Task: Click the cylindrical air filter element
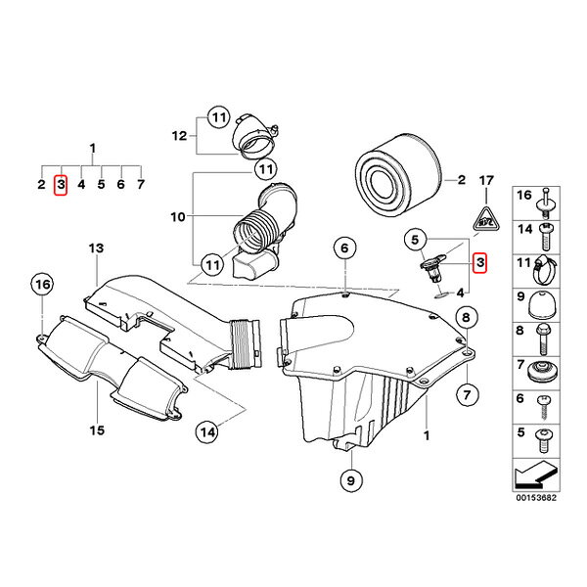click(398, 175)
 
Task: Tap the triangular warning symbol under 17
click(486, 219)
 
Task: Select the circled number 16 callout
click(42, 285)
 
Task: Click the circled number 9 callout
click(351, 480)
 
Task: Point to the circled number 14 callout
click(207, 432)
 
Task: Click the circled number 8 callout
click(466, 317)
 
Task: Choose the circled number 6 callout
click(344, 248)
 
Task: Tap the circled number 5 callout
click(415, 240)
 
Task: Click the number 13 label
click(96, 248)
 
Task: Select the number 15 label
click(97, 430)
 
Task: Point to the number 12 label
click(179, 136)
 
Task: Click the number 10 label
click(178, 217)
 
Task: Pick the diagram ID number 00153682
click(536, 498)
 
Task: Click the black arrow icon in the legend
click(536, 475)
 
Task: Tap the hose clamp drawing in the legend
click(544, 270)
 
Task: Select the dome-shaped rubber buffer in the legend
click(541, 305)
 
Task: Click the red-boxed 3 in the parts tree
click(61, 185)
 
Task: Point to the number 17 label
click(486, 181)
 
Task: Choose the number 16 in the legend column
click(524, 195)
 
